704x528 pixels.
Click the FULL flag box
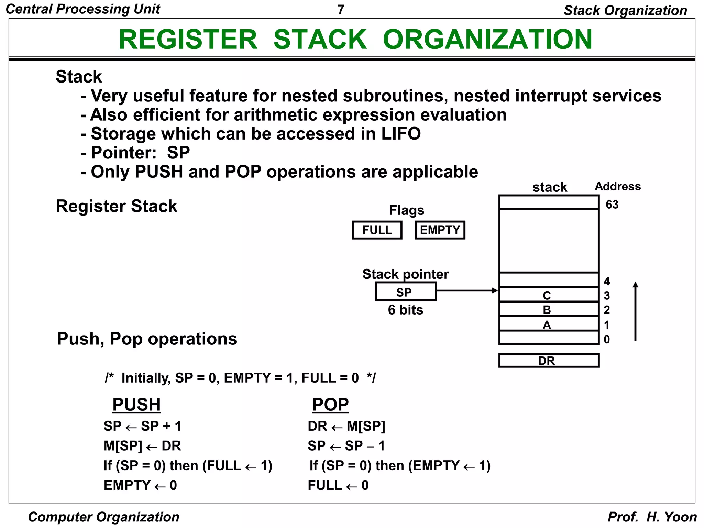pyautogui.click(x=377, y=230)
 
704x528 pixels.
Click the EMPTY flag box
pyautogui.click(x=440, y=230)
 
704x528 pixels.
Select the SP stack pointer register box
pyautogui.click(x=406, y=292)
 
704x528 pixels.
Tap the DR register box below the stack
pyautogui.click(x=549, y=361)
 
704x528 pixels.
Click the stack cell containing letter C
pyautogui.click(x=549, y=295)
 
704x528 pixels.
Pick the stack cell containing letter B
pyautogui.click(x=549, y=309)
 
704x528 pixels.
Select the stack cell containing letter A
pyautogui.click(x=549, y=324)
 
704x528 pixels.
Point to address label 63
pyautogui.click(x=612, y=205)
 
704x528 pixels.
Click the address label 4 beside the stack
pyautogui.click(x=607, y=281)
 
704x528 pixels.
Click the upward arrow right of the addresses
pyautogui.click(x=635, y=311)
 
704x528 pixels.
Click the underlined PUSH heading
pyautogui.click(x=136, y=405)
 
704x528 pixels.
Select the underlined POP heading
pyautogui.click(x=330, y=405)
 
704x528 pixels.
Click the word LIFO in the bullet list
pyautogui.click(x=401, y=134)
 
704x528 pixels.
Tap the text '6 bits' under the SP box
pyautogui.click(x=405, y=310)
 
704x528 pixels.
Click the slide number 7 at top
pyautogui.click(x=341, y=10)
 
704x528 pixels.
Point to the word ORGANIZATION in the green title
pyautogui.click(x=487, y=40)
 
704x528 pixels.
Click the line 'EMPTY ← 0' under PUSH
pyautogui.click(x=140, y=485)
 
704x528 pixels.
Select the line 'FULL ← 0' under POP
pyautogui.click(x=338, y=485)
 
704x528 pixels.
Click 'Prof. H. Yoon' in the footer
pyautogui.click(x=652, y=517)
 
